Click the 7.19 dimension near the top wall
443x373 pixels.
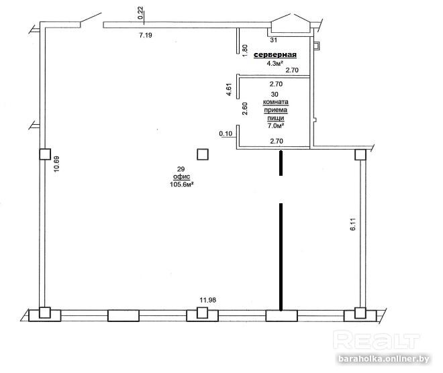[146, 36]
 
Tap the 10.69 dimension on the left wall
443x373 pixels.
[56, 164]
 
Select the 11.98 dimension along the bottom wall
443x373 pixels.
[207, 300]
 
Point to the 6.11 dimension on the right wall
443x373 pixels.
[353, 225]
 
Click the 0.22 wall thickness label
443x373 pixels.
[140, 13]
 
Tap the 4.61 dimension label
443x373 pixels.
[229, 89]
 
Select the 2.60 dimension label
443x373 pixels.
[245, 109]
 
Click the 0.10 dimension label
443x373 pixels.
[226, 134]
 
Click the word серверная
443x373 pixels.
[275, 55]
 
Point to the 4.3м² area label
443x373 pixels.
[275, 63]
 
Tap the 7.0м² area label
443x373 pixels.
[276, 125]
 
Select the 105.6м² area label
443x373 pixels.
[181, 184]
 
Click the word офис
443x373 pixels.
[181, 176]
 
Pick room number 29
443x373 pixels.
[181, 169]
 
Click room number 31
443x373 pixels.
[273, 40]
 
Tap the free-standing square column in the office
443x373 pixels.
[202, 154]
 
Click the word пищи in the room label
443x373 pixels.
[276, 118]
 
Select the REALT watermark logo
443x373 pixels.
[377, 341]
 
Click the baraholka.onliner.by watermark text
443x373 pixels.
[384, 359]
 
